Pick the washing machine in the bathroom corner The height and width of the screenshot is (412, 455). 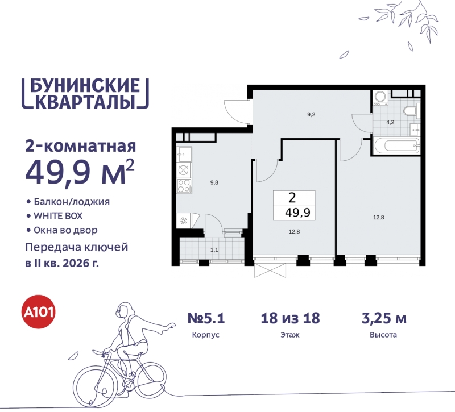380,97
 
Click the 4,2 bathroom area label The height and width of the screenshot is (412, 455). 390,122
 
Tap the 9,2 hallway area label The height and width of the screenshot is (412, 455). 311,114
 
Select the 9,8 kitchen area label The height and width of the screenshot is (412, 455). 214,182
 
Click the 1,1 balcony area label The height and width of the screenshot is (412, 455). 213,248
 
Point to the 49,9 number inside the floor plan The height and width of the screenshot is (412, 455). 294,213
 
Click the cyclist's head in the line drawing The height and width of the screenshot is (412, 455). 123,311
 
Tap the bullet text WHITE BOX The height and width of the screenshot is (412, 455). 59,216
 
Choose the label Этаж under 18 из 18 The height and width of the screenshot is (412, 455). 290,335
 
